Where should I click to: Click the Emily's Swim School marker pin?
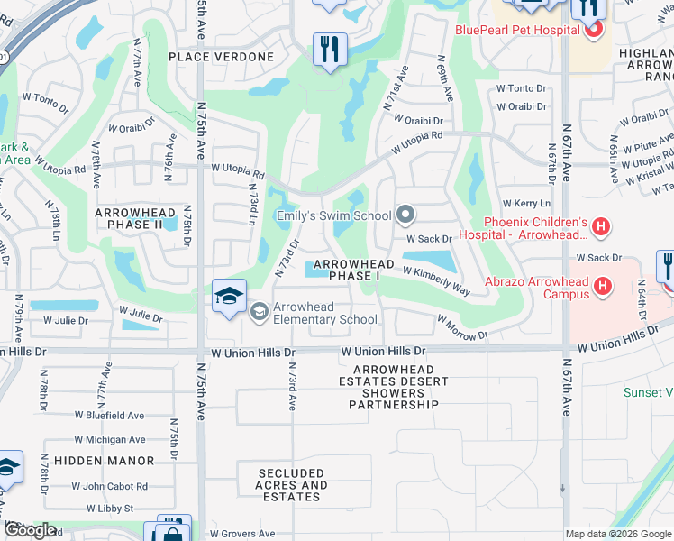pos(405,215)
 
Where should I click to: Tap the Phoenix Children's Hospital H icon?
pos(601,228)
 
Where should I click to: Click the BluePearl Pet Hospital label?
pos(517,31)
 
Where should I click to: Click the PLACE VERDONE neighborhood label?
pos(221,57)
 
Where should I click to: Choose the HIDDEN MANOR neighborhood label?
pos(104,460)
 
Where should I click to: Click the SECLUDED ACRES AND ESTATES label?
pos(291,485)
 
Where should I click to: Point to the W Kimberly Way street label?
pos(436,280)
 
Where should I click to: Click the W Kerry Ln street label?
pos(526,205)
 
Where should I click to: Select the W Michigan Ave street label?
pos(111,440)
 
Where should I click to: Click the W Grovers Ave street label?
pos(243,534)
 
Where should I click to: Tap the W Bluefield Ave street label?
pos(111,416)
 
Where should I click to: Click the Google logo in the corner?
pos(30,530)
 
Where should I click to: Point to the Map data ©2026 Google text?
pos(618,534)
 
